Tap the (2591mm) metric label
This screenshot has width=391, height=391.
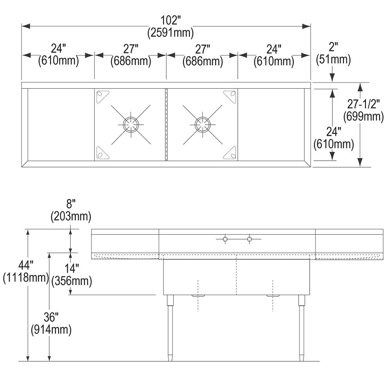[170, 33]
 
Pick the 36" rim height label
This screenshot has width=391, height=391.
[51, 319]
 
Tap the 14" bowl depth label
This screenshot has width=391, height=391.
[72, 269]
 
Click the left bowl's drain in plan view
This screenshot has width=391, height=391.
[130, 124]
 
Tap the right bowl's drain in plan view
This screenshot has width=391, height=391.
[203, 124]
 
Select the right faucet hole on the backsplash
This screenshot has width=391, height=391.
[249, 239]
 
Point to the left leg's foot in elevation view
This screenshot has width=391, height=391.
[170, 358]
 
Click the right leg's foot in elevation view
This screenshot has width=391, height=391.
[301, 358]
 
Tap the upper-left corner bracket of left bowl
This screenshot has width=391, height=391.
[103, 95]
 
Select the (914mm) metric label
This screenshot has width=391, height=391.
[51, 330]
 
